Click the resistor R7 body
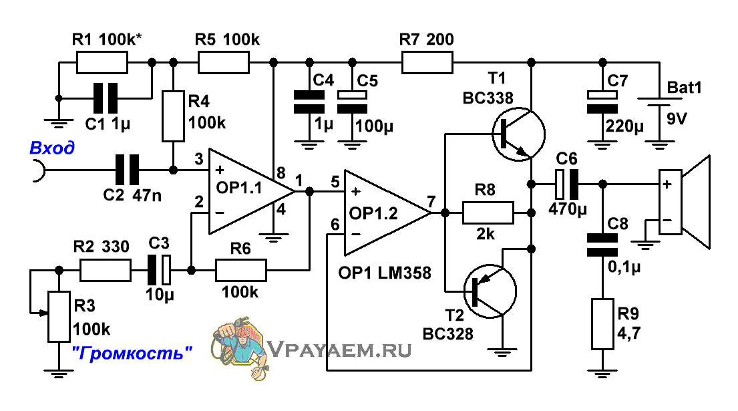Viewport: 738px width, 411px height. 427,62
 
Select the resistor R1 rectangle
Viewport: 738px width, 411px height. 102,62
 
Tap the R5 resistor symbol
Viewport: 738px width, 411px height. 224,62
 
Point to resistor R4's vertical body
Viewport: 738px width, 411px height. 173,116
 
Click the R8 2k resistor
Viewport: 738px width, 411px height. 488,213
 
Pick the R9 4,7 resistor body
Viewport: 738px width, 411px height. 602,324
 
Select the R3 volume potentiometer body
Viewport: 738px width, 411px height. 59,316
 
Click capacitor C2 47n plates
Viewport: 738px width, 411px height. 127,170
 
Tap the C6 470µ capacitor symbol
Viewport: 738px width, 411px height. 566,184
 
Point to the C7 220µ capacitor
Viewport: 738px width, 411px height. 602,102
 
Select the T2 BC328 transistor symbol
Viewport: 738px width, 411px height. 490,291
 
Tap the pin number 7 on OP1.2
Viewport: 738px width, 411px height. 431,202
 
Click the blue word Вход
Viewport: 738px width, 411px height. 52,148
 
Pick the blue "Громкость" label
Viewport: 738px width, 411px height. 132,353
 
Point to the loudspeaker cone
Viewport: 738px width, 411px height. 696,202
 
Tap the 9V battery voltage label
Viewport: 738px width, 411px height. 677,119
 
